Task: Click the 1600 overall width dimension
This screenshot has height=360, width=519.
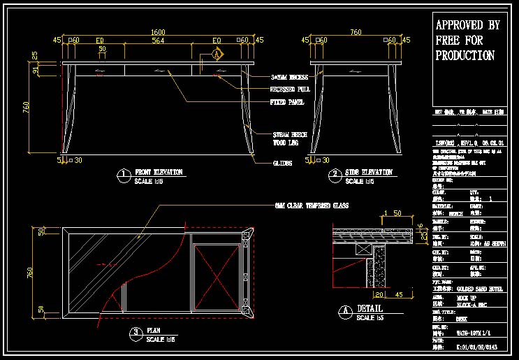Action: pos(159,31)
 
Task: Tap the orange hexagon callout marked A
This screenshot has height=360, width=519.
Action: pos(217,54)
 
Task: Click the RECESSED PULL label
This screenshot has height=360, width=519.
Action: pos(290,89)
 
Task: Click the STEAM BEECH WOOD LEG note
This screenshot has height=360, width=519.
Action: pos(289,138)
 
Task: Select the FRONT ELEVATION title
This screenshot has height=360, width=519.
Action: pos(159,172)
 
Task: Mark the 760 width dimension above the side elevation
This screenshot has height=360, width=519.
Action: pos(356,31)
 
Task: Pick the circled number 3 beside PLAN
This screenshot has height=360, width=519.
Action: pos(136,332)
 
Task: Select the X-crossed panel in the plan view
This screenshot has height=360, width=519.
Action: pos(217,273)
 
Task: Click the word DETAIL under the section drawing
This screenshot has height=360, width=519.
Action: pos(370,308)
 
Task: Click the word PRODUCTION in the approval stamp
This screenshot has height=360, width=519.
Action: pos(465,55)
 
